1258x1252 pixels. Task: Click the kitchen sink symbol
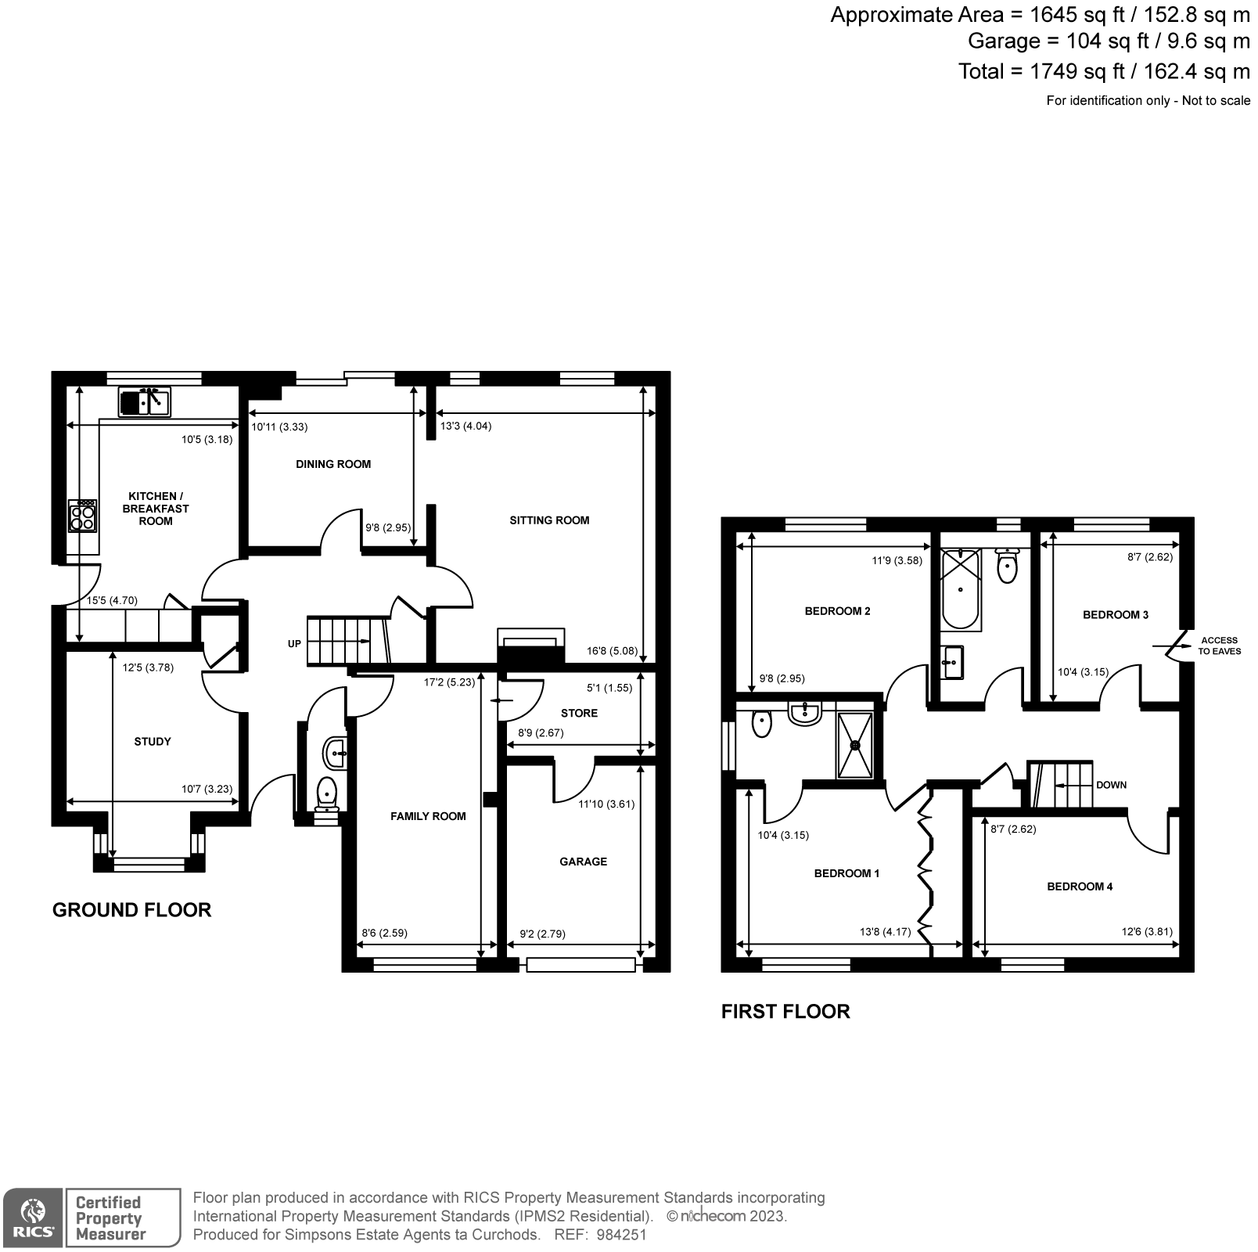click(x=145, y=401)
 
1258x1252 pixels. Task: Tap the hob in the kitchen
click(x=83, y=516)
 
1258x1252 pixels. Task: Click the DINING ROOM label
click(x=333, y=464)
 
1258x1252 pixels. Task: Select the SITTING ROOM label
click(x=549, y=520)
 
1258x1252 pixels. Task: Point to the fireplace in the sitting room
click(x=531, y=639)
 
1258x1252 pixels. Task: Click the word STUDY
click(x=153, y=742)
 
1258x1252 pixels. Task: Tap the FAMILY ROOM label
click(x=428, y=816)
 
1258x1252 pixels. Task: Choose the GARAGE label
click(x=583, y=862)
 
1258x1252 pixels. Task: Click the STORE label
click(x=579, y=713)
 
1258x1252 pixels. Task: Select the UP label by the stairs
click(x=294, y=644)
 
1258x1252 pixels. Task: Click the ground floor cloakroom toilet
click(x=326, y=792)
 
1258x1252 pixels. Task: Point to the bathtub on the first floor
click(x=961, y=589)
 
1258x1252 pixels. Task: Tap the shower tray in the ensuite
click(x=854, y=744)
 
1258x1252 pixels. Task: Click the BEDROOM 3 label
click(x=1116, y=615)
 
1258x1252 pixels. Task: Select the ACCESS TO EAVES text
click(x=1219, y=646)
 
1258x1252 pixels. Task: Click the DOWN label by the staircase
click(x=1111, y=785)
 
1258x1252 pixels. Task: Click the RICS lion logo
click(x=32, y=1218)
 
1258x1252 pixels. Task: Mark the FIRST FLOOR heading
click(x=785, y=1012)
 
